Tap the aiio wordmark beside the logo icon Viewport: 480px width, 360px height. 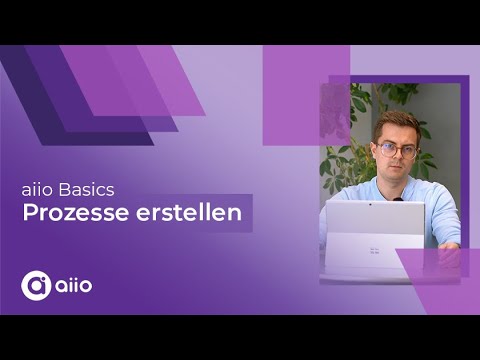[74, 285]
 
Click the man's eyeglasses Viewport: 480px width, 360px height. [396, 150]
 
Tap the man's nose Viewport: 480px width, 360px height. [397, 156]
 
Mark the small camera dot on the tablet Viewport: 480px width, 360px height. [370, 205]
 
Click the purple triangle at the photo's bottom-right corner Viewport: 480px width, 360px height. [440, 270]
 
